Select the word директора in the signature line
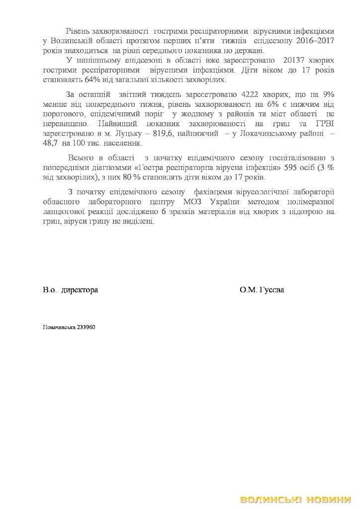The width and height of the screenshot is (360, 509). tap(80, 290)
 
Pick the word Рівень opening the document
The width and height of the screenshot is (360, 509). tap(78, 32)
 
